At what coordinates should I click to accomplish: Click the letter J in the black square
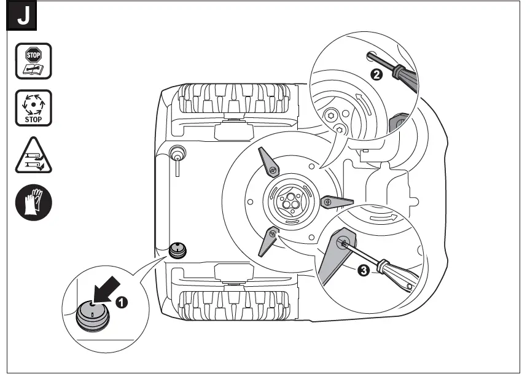(23, 17)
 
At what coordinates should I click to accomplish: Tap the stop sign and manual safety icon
(33, 61)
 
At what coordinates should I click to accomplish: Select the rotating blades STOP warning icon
(33, 108)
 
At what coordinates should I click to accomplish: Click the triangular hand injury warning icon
(33, 157)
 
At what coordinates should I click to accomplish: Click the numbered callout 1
(123, 302)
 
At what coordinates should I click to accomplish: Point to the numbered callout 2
(376, 75)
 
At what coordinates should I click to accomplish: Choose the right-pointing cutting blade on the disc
(336, 201)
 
